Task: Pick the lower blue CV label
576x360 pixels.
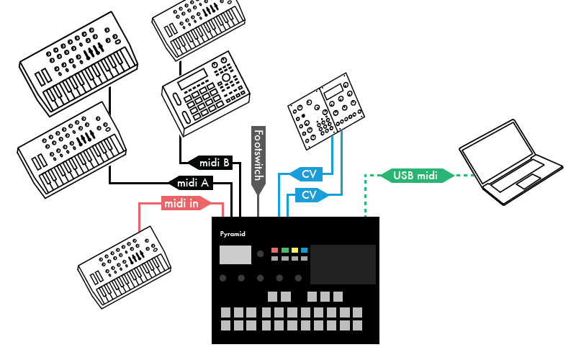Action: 309,194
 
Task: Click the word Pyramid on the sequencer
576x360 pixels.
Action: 233,234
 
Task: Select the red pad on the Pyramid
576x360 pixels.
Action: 274,251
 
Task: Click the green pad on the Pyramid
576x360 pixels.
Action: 284,251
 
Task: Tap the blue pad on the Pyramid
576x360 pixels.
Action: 304,251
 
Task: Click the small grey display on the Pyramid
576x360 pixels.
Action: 235,255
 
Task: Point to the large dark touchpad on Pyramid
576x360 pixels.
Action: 343,264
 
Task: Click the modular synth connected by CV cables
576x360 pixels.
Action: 322,111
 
